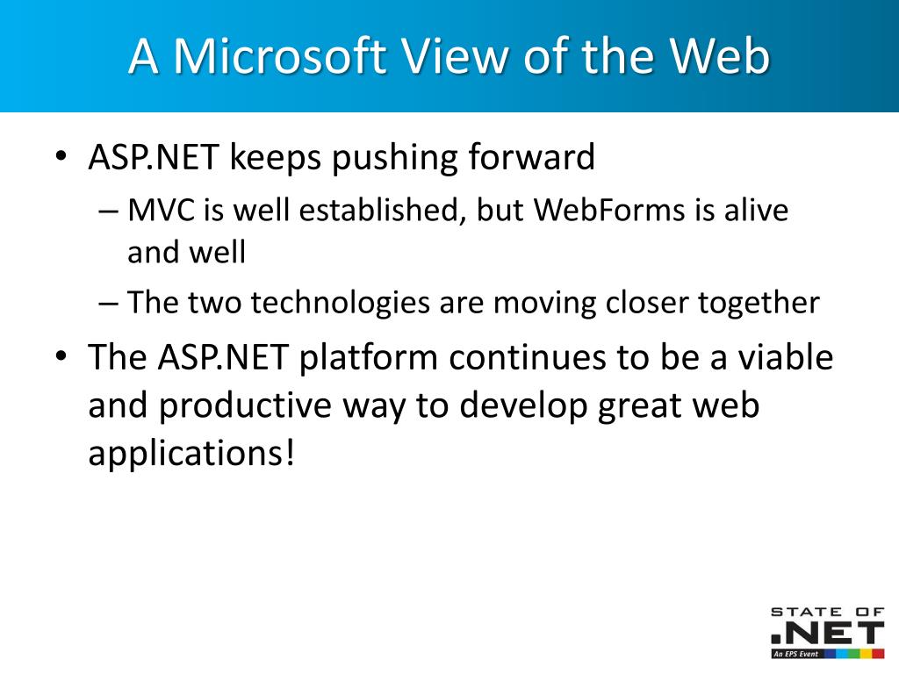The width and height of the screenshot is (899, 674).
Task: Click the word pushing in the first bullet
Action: tap(394, 158)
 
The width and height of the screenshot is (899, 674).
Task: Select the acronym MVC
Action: tap(162, 210)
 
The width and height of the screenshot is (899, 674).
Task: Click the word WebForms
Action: tap(609, 210)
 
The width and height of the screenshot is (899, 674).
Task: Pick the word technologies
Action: tap(340, 303)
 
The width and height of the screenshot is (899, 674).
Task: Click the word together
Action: tap(759, 303)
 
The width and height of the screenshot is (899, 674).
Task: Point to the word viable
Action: tap(785, 356)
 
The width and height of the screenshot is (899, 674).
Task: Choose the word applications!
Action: tap(191, 454)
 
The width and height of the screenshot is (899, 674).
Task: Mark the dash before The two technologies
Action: tap(108, 304)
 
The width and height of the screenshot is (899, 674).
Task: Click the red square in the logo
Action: tap(878, 653)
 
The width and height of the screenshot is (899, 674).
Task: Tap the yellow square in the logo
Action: tap(867, 653)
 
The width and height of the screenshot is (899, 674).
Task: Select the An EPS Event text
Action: tap(795, 654)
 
